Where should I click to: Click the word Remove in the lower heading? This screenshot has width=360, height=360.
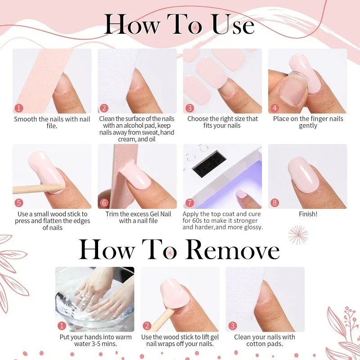[x=233, y=251]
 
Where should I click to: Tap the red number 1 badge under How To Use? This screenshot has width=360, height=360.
[x=18, y=108]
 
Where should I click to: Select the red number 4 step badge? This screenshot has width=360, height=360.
[x=275, y=108]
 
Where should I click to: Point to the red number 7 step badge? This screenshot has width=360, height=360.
[x=189, y=203]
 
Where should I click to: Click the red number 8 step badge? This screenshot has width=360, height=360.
[x=275, y=203]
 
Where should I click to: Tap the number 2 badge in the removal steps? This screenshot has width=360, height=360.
[x=147, y=326]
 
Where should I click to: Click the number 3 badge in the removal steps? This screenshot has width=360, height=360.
[x=232, y=326]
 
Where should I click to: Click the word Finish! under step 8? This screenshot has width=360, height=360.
[x=308, y=214]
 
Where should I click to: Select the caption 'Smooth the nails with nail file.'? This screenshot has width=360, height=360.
[x=52, y=122]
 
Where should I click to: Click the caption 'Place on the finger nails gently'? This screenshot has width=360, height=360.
[x=308, y=122]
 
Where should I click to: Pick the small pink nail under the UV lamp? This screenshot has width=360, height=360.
[x=241, y=194]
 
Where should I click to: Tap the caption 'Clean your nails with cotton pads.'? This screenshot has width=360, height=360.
[x=265, y=340]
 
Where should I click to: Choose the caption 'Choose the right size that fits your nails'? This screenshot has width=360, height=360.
[x=222, y=122]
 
